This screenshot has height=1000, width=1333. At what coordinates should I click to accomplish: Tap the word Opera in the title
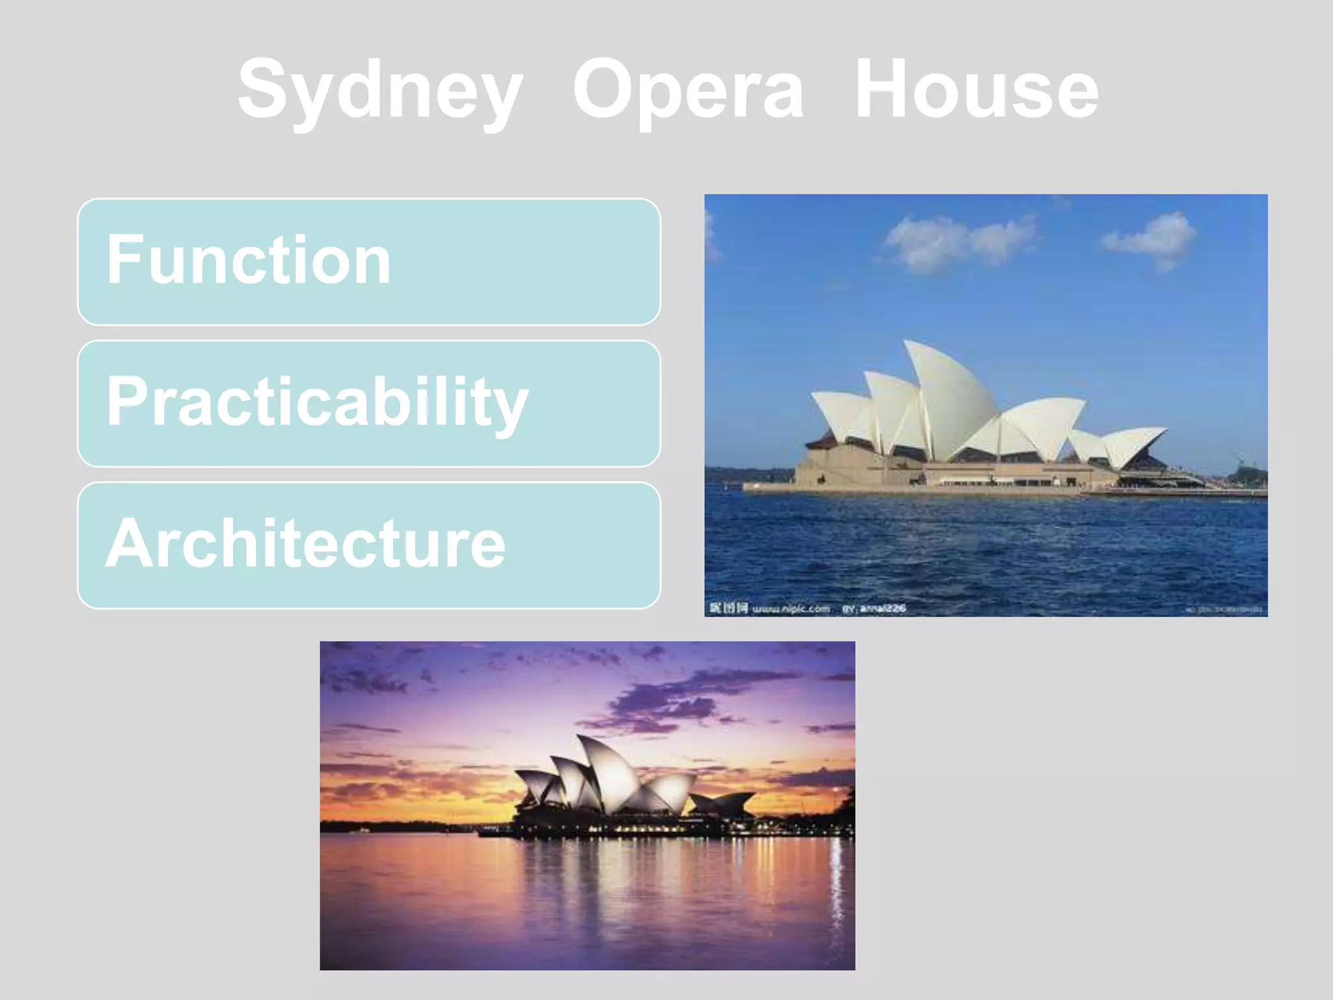pos(688,91)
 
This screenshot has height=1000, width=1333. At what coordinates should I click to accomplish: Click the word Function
pos(249,260)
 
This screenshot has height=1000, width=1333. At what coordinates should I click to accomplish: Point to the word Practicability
pos(317,402)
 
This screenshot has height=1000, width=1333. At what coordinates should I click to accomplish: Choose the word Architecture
pos(305,544)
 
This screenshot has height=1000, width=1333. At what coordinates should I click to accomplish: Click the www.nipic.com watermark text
pos(791,609)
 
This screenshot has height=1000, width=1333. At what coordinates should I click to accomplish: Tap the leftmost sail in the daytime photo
pos(843,417)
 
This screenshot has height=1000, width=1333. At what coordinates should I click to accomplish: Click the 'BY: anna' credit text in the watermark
pos(874,609)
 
